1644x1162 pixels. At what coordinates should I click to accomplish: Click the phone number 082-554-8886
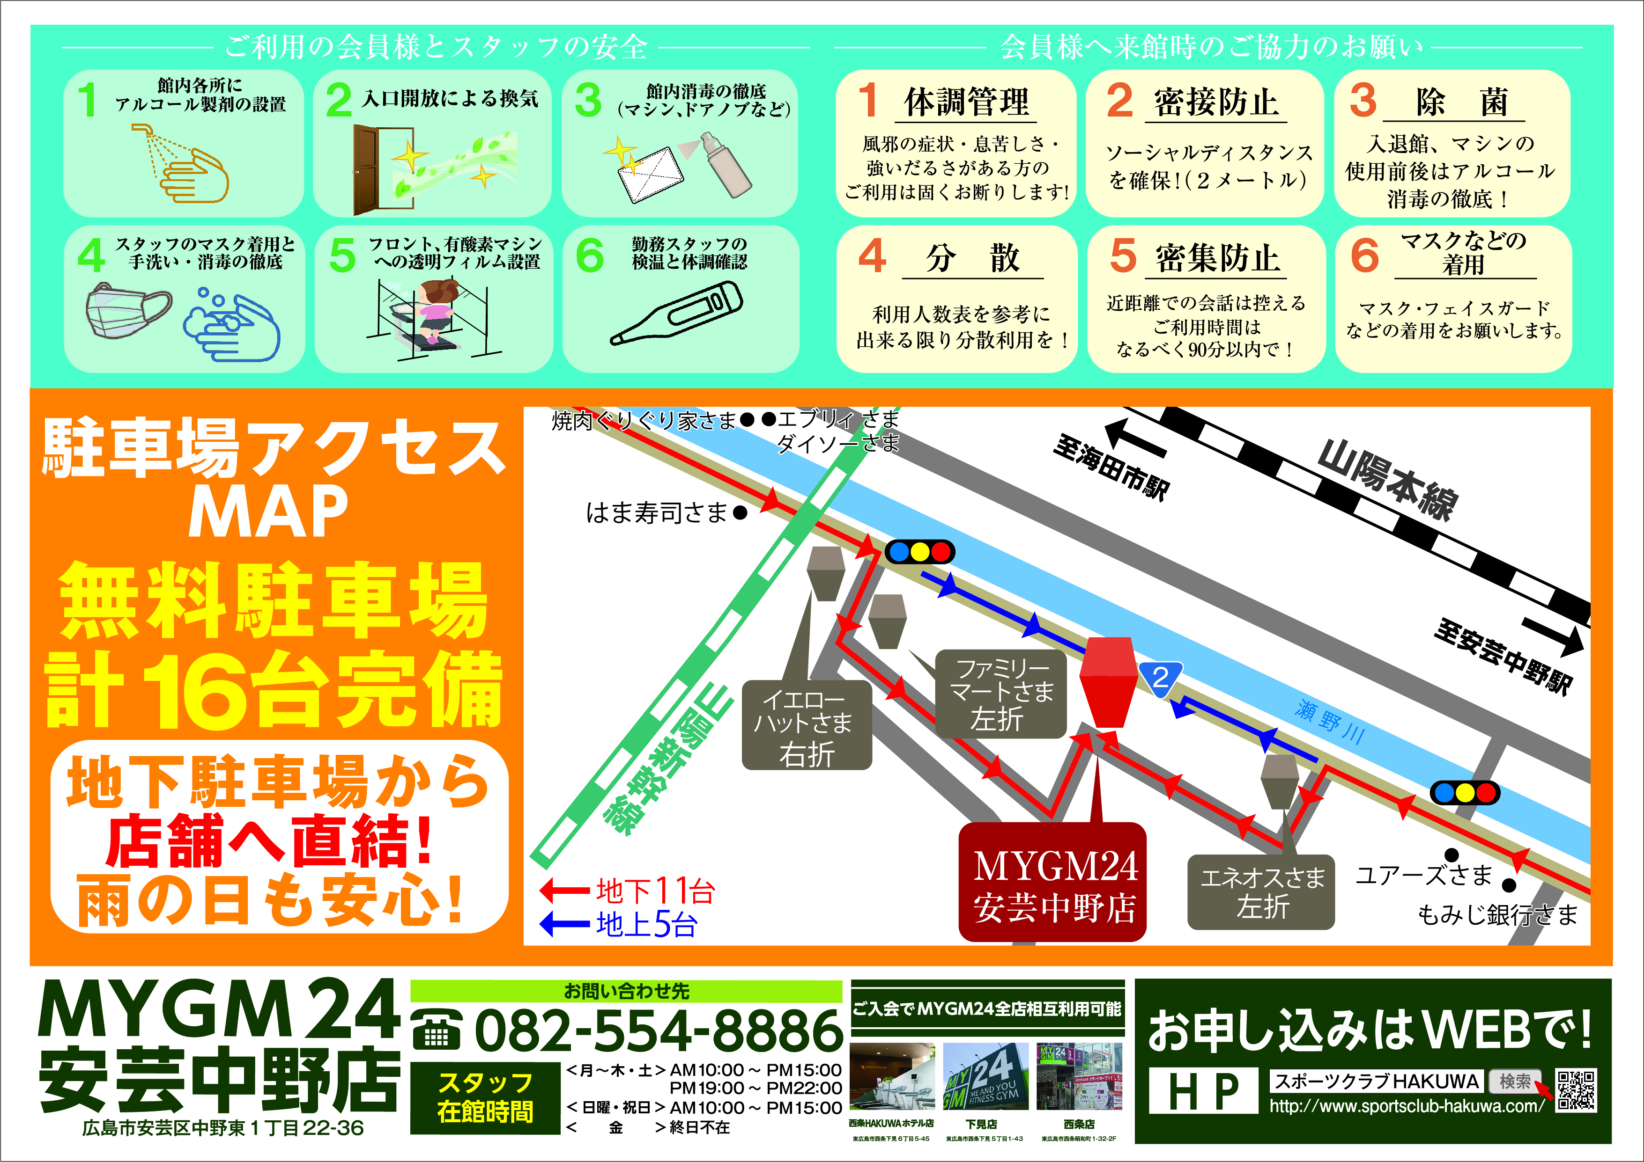coord(657,1030)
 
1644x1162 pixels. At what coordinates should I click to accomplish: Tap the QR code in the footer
coord(1575,1090)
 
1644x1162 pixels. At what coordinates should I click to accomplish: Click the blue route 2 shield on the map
coord(1160,676)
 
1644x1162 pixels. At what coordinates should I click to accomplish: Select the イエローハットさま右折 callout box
coord(807,725)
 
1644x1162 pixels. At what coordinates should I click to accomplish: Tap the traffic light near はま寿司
coord(919,552)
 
